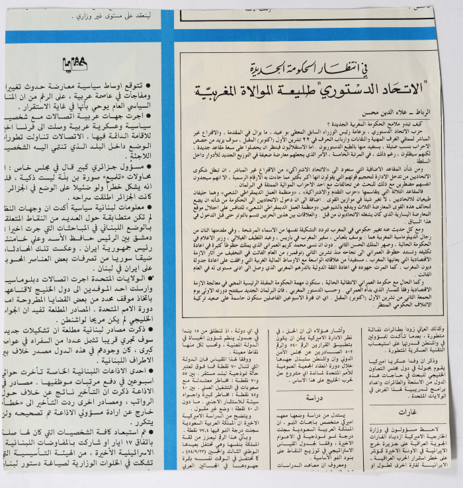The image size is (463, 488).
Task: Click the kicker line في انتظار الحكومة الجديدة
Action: [x=296, y=68]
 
